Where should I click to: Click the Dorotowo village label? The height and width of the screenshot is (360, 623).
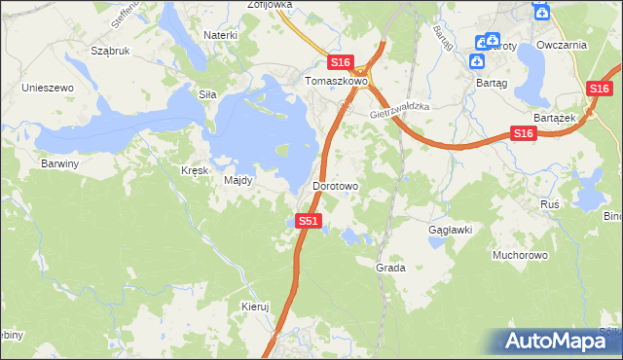pos(336,185)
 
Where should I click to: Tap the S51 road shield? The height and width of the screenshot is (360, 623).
pos(308,221)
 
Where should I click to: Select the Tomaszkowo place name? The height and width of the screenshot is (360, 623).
pos(335,82)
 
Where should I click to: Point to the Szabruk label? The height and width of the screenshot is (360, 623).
pos(110,50)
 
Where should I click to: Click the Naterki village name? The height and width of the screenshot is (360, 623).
pos(220,35)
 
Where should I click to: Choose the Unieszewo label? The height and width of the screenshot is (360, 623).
pos(48,88)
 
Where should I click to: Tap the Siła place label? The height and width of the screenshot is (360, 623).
pos(206,95)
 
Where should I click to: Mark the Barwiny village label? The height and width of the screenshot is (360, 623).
pos(59,163)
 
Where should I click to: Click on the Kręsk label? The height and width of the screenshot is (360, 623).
pos(196,169)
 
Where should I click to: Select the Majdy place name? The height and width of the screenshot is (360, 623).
pos(238,180)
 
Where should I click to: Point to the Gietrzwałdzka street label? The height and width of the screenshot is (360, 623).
pos(400,110)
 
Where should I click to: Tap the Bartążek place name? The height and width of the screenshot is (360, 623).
pos(556,117)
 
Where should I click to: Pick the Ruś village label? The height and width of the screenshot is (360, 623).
pos(549,204)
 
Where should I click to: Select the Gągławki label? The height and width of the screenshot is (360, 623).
pos(451,231)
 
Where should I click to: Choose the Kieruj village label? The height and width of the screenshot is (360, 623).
pos(254,306)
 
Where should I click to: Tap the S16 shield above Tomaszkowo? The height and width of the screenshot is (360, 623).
pos(340,60)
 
